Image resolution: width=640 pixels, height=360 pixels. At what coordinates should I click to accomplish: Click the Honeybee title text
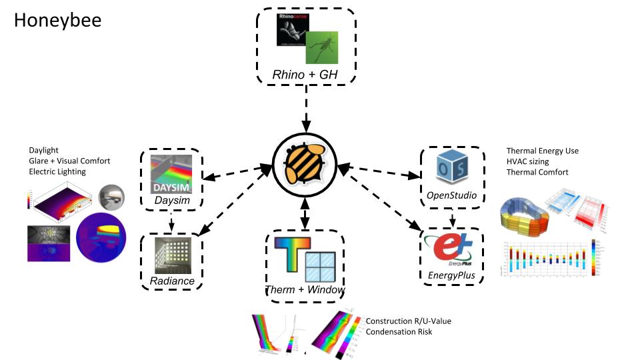pyautogui.click(x=58, y=21)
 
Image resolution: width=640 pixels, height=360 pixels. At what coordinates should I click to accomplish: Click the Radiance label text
pyautogui.click(x=172, y=281)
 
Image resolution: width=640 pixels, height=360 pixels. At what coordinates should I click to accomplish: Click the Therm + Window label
pyautogui.click(x=305, y=290)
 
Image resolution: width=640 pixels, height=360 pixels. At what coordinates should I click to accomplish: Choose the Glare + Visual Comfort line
pyautogui.click(x=69, y=161)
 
